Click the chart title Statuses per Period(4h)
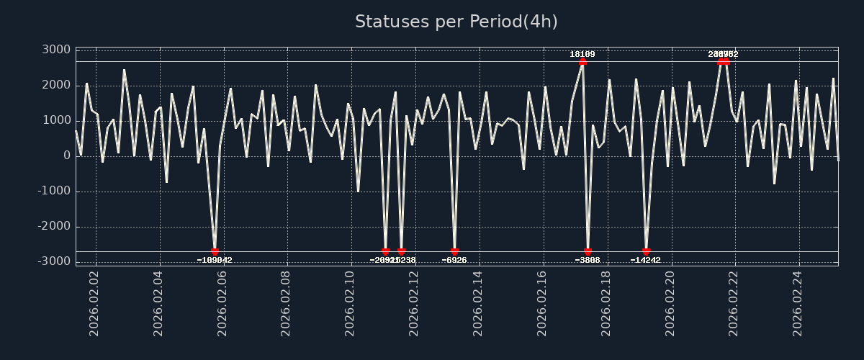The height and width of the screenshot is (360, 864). [456, 22]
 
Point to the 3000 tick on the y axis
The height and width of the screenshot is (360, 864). [55, 50]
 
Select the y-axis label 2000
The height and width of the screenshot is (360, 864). [55, 85]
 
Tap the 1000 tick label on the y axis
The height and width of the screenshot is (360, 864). [55, 120]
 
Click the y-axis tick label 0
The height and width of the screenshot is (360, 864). [66, 156]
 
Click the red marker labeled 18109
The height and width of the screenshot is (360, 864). [582, 61]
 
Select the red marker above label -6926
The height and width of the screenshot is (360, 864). [454, 252]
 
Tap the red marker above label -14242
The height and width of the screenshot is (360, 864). [646, 252]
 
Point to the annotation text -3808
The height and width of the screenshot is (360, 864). [588, 261]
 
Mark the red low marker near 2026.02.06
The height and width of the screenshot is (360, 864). [215, 252]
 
